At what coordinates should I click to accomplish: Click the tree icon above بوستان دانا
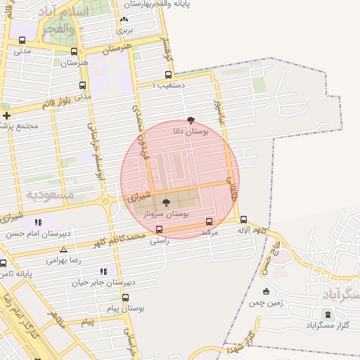tap(190, 120)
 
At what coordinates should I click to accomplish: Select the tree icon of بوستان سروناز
tap(166, 202)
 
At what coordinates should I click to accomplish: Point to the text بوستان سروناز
tap(167, 212)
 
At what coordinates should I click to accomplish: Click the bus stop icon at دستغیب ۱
tap(168, 75)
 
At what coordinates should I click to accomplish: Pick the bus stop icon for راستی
tap(159, 229)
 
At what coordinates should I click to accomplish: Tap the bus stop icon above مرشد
tap(209, 221)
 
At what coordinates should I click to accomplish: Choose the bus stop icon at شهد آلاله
tap(243, 219)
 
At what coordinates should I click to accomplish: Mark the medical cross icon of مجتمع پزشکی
tap(6, 115)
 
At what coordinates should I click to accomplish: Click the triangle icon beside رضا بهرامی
tap(64, 250)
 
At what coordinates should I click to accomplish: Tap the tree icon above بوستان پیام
tap(125, 297)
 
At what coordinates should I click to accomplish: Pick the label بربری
tap(124, 30)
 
